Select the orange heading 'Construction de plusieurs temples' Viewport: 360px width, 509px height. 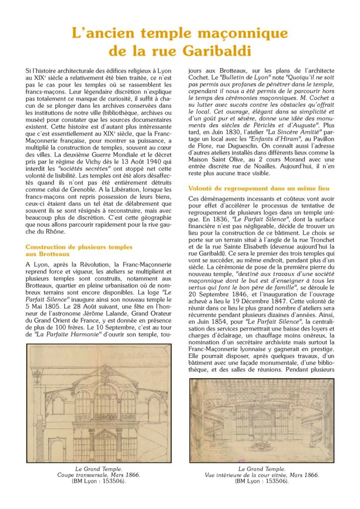79,247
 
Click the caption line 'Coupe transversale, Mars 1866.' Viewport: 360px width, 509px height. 99,475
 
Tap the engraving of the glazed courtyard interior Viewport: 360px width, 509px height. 262,420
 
